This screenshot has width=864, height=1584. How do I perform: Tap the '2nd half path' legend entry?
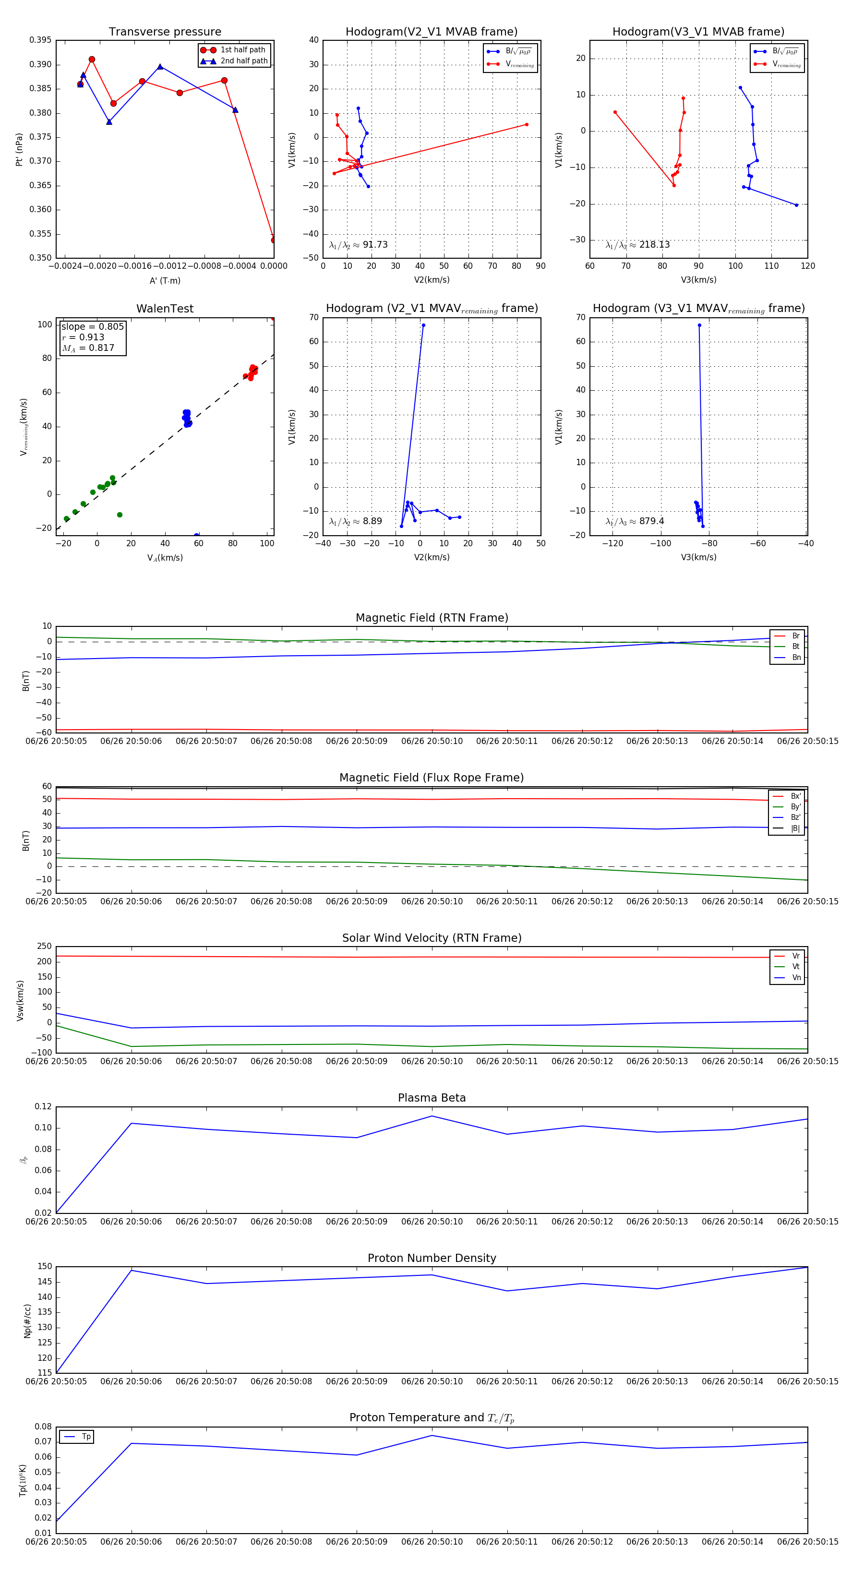[x=243, y=61]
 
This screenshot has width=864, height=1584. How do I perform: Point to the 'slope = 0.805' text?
[x=92, y=326]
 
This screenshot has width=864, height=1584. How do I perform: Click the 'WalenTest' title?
[x=165, y=309]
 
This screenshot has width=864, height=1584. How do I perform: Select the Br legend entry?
[x=795, y=636]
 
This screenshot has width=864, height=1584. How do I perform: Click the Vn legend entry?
[x=796, y=978]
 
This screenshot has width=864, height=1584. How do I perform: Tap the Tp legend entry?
[x=86, y=1437]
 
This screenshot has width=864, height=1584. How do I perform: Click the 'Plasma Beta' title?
[x=432, y=1098]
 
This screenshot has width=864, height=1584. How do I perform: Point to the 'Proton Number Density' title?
[x=432, y=1258]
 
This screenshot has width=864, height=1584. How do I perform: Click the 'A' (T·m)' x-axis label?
[x=165, y=280]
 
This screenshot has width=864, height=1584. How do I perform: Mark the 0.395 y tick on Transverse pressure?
[x=41, y=40]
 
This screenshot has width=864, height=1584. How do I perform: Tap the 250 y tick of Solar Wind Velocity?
[x=44, y=947]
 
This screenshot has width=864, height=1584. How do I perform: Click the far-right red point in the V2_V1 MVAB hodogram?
[x=527, y=125]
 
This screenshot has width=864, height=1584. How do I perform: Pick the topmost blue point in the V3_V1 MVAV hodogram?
[x=699, y=325]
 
